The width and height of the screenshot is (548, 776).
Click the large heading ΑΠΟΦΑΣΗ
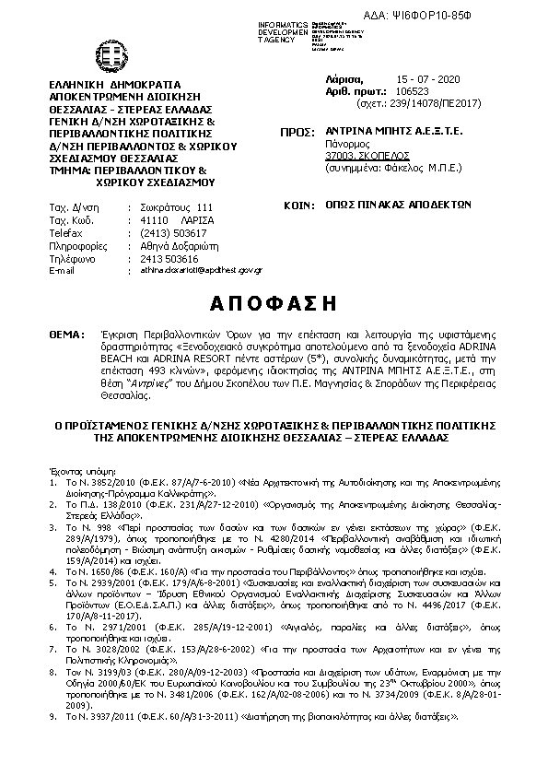[x=273, y=303]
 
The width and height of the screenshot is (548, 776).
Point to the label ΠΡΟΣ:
[x=296, y=132]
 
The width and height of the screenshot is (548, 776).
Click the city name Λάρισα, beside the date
[x=345, y=80]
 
